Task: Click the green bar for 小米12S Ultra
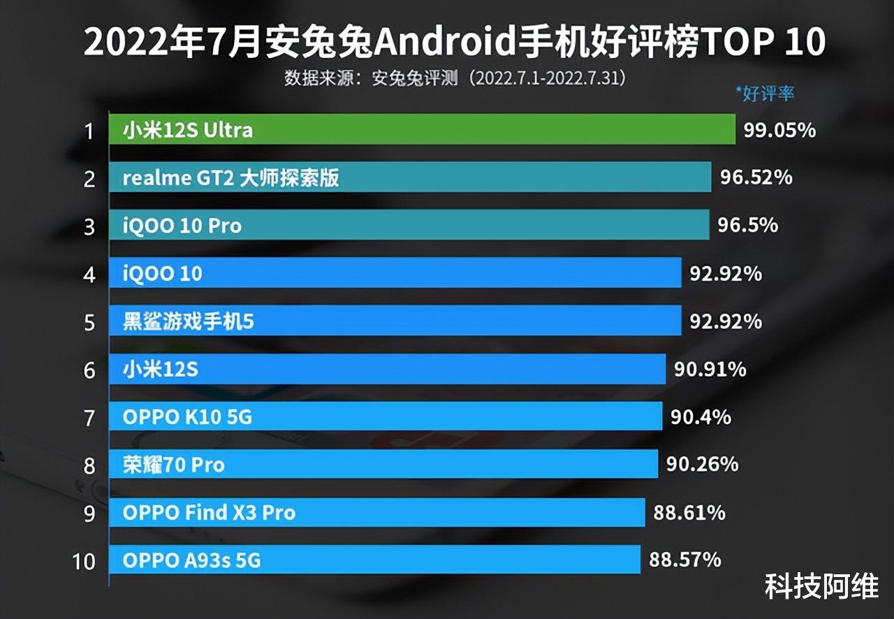click(422, 130)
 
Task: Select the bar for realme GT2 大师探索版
click(410, 177)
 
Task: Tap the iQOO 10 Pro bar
click(409, 225)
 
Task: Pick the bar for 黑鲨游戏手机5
click(395, 321)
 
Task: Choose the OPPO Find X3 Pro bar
click(376, 512)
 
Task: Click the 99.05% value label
click(779, 130)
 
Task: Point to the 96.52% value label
click(756, 177)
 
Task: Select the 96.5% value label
click(748, 225)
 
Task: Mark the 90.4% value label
click(701, 417)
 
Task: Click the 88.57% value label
click(685, 560)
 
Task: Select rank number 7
click(89, 418)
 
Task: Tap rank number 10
click(84, 560)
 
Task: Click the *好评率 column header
click(765, 94)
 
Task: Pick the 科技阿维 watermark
click(821, 587)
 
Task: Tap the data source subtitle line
click(454, 78)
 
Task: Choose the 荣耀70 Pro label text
click(173, 465)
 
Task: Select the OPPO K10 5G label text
click(187, 417)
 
